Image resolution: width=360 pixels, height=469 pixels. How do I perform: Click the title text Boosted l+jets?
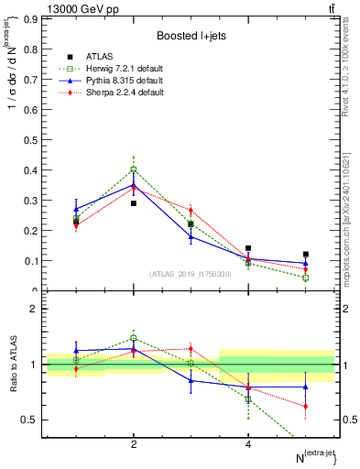point(191,36)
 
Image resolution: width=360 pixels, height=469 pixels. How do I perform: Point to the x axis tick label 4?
point(248,444)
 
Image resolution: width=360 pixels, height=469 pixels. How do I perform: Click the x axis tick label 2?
point(134,444)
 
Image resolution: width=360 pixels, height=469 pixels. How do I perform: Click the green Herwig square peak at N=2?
point(134,169)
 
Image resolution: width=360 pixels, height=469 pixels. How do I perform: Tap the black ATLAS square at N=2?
point(134,203)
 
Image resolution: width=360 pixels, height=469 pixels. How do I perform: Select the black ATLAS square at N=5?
point(305,255)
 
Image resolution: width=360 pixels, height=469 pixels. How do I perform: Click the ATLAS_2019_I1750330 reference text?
point(191,274)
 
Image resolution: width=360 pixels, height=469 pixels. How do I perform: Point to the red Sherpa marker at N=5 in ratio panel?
point(305,406)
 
